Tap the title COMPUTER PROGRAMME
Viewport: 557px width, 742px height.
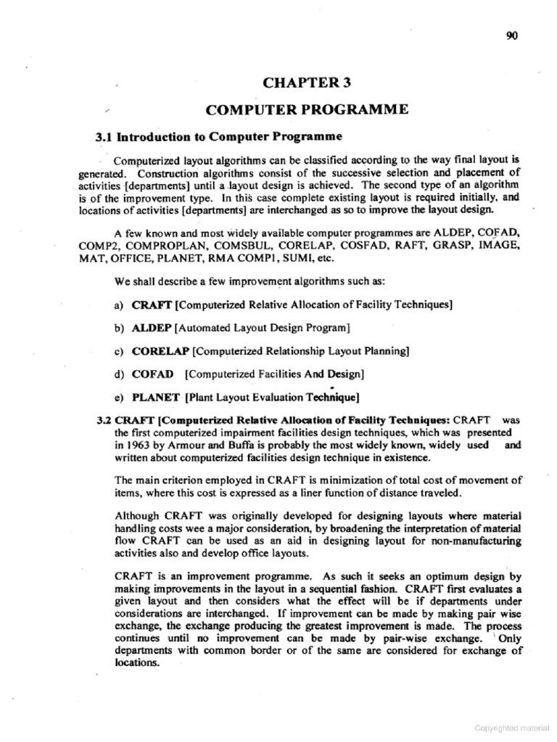click(307, 109)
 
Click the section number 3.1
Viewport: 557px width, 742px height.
click(105, 137)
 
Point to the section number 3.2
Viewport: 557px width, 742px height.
click(104, 420)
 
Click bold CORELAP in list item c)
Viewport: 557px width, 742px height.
click(160, 351)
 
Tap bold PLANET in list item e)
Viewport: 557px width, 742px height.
click(156, 397)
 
